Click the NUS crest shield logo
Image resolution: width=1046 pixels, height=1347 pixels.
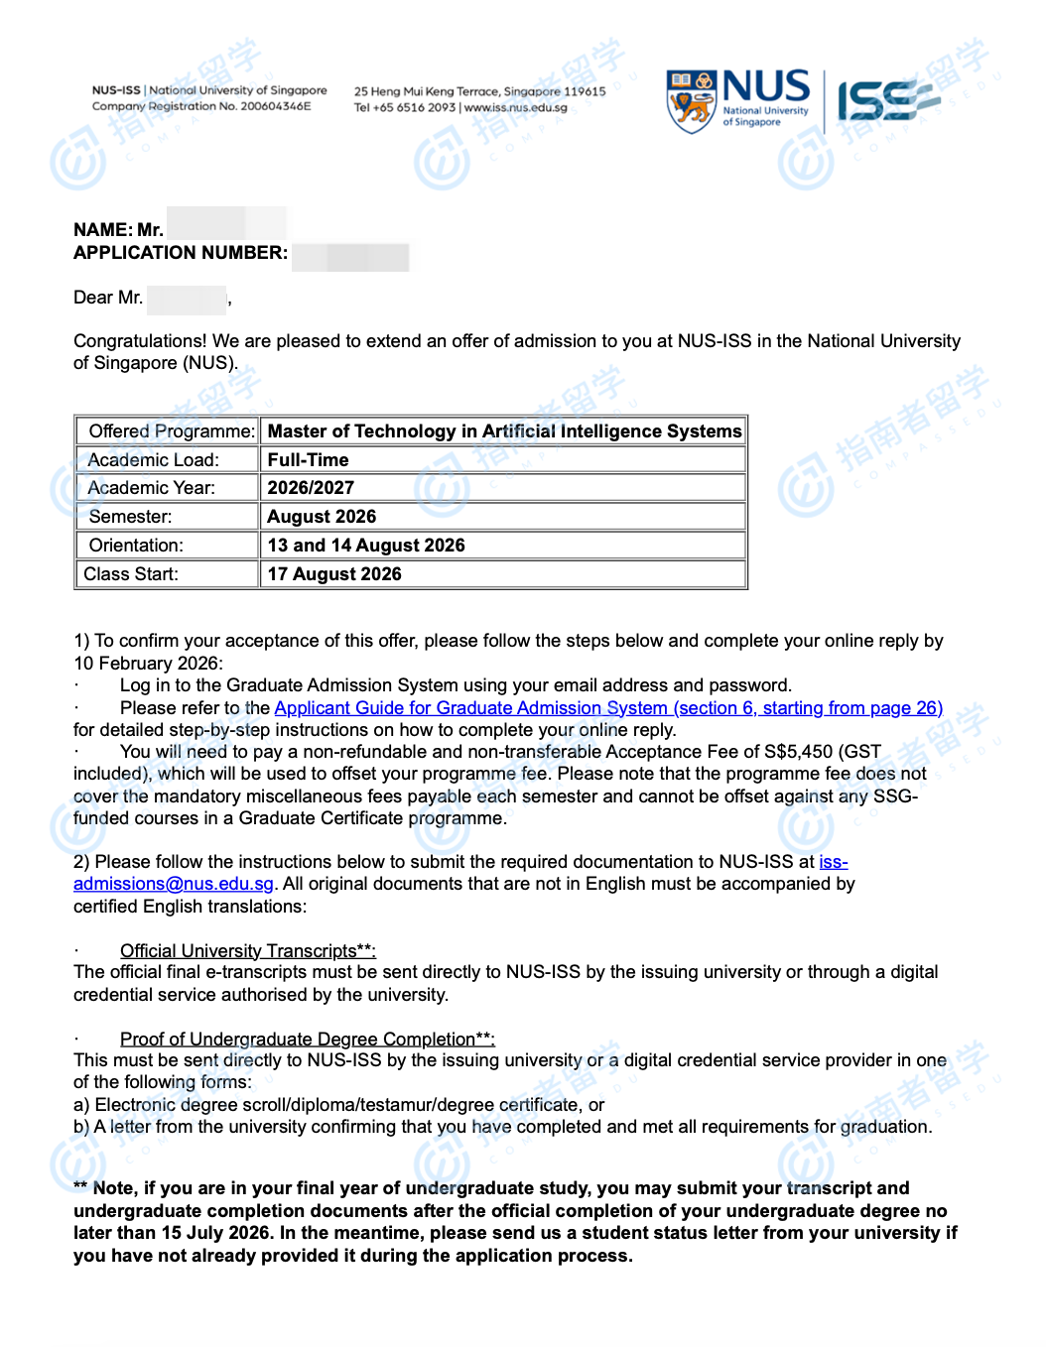(x=691, y=101)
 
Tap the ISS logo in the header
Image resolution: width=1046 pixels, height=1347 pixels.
(x=886, y=101)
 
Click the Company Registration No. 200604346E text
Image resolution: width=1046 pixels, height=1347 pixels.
(x=201, y=106)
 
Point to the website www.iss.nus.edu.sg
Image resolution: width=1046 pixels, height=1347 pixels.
(x=516, y=108)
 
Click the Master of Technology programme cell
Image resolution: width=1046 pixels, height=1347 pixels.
(x=504, y=431)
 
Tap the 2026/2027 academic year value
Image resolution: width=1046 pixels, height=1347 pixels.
(x=311, y=488)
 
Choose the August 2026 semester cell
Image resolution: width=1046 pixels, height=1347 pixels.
(x=322, y=517)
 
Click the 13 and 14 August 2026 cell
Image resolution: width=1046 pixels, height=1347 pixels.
(x=366, y=546)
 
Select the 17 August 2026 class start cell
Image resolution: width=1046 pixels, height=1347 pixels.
(x=334, y=574)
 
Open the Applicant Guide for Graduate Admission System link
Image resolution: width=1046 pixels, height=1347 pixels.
(x=608, y=708)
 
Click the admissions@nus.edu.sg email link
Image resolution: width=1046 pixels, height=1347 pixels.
(x=174, y=884)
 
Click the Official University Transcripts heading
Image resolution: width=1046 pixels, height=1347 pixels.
(x=247, y=951)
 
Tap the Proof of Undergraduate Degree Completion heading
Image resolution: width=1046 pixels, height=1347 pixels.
(x=307, y=1039)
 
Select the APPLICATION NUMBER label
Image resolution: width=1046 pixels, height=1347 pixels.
(x=181, y=253)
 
